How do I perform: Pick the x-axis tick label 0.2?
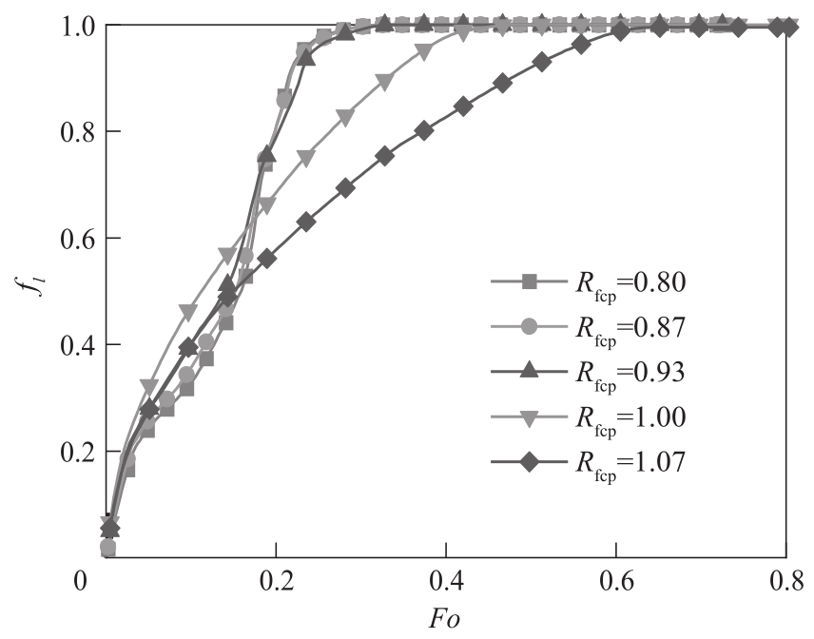pos(276,579)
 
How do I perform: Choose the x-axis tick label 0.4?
pos(445,579)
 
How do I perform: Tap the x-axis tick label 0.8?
pos(786,579)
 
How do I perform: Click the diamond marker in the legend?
pos(530,463)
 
